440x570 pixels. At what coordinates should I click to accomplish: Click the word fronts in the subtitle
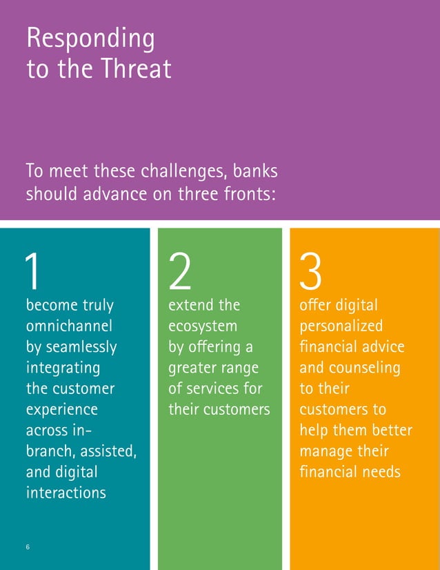pos(247,194)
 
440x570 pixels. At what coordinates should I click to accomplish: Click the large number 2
pos(180,272)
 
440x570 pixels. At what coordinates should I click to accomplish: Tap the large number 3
pos(311,272)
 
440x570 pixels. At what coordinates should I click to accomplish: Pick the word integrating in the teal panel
pos(63,367)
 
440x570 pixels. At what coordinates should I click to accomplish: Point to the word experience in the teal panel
pos(62,409)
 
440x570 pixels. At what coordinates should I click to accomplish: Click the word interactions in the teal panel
pos(66,493)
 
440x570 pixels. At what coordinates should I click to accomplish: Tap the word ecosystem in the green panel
pos(203,325)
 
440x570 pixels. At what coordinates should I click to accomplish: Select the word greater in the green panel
pos(191,367)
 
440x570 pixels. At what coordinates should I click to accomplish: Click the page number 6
pos(28,547)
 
